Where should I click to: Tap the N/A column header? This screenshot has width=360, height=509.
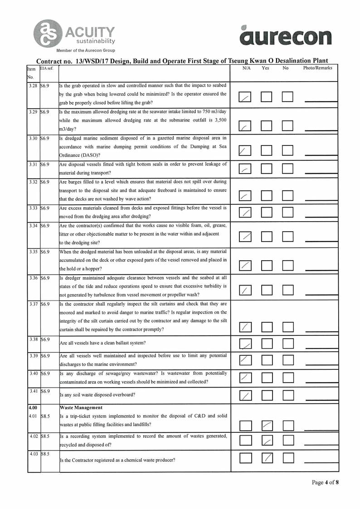(x=247, y=68)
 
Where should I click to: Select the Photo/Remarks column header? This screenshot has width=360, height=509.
(x=317, y=68)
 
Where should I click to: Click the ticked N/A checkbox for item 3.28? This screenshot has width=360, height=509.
(x=245, y=97)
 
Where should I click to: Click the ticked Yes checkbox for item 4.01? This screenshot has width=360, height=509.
(x=267, y=425)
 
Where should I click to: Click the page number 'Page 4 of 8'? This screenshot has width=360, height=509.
(x=325, y=482)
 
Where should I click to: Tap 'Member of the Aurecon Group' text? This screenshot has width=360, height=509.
(x=86, y=50)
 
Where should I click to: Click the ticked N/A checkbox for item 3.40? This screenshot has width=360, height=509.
(x=245, y=377)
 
